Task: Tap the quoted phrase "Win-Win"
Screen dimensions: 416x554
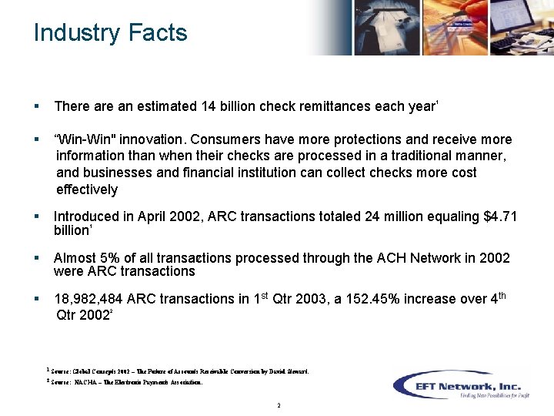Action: click(82, 139)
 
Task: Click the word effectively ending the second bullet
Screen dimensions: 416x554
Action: click(87, 190)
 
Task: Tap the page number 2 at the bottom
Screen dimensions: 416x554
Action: click(278, 405)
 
